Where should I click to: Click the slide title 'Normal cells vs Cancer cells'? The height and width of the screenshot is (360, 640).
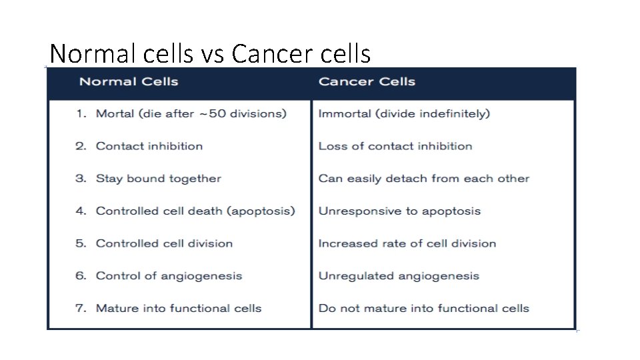[210, 53]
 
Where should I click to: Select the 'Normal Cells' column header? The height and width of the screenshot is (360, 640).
[129, 82]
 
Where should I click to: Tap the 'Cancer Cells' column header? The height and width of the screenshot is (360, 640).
[367, 82]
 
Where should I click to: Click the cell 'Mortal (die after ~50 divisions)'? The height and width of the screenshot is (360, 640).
[191, 114]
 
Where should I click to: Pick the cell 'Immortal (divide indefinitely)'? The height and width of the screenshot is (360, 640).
[404, 114]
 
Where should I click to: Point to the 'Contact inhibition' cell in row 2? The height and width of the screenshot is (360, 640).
[149, 146]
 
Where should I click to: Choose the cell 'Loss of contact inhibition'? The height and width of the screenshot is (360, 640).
[395, 146]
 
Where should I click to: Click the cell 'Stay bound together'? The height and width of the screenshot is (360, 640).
[158, 179]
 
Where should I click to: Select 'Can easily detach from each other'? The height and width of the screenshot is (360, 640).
[423, 179]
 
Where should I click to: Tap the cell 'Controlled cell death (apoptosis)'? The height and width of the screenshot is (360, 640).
[195, 211]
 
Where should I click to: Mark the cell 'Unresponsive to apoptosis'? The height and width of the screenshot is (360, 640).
[399, 211]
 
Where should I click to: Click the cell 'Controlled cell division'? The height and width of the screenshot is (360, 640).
[164, 243]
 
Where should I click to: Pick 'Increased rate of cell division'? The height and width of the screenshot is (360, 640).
[407, 243]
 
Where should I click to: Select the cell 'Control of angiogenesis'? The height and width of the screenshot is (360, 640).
[169, 276]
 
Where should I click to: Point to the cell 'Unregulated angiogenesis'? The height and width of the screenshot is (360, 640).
[399, 276]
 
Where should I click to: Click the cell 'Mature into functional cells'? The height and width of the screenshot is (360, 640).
[179, 308]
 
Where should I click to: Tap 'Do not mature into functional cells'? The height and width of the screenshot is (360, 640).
[423, 308]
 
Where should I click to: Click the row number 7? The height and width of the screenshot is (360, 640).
[80, 308]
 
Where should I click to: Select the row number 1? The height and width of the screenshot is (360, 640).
[80, 114]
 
